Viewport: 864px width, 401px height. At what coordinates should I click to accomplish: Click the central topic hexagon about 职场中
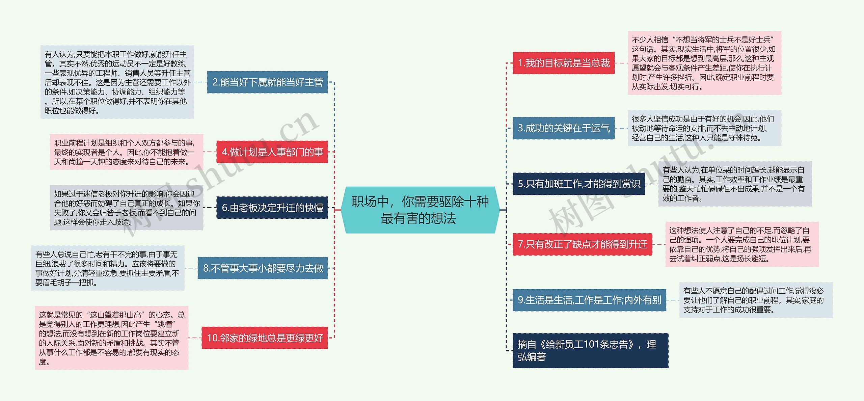click(420, 210)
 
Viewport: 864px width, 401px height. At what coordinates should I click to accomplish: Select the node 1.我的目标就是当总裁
click(563, 63)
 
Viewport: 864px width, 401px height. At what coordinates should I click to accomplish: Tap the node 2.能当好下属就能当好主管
click(267, 82)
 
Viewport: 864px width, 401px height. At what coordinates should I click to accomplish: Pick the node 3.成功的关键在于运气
click(563, 128)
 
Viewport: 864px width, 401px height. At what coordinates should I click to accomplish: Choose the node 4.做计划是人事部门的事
click(272, 152)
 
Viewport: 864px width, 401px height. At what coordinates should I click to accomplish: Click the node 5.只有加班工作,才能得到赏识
click(578, 184)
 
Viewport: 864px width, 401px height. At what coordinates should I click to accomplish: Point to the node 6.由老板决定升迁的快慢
click(272, 208)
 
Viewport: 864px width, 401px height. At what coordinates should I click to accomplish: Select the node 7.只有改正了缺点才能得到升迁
click(582, 244)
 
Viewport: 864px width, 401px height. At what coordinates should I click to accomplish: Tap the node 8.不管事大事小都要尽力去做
click(263, 268)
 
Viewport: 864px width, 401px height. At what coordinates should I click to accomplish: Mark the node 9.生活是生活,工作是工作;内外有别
click(589, 300)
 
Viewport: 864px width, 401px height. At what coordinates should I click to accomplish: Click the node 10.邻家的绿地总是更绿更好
click(265, 338)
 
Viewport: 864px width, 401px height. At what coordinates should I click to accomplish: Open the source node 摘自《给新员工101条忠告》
click(590, 351)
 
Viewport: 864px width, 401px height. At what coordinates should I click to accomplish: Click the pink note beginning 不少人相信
click(704, 63)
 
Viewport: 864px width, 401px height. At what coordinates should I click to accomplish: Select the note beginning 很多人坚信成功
click(704, 128)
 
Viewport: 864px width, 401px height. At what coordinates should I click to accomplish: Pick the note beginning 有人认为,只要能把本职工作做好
click(117, 82)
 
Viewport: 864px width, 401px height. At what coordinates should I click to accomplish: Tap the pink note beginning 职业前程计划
click(127, 152)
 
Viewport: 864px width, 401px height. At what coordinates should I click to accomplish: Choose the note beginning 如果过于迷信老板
click(127, 208)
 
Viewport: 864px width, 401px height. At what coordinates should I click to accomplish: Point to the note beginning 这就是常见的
click(112, 338)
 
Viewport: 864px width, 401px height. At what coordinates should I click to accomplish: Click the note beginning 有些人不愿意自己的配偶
click(756, 300)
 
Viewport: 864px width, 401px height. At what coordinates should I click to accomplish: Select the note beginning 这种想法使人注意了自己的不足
click(742, 244)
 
